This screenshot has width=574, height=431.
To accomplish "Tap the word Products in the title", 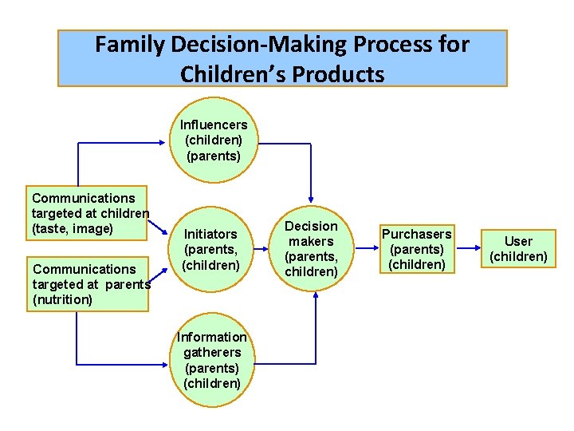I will (x=337, y=74).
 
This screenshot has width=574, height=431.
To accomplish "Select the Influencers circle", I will (x=213, y=140).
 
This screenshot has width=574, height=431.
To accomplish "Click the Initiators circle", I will (x=210, y=249).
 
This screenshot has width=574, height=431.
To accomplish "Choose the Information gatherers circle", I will (x=211, y=360).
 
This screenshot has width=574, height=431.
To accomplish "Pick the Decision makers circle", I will (x=311, y=249).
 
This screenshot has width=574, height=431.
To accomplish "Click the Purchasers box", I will (x=416, y=249).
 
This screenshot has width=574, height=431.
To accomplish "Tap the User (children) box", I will (x=518, y=249).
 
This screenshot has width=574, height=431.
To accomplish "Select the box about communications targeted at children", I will (x=89, y=213).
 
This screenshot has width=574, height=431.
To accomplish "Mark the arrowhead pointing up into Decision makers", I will (x=316, y=295).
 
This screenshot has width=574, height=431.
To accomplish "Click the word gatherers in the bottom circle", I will (x=211, y=352).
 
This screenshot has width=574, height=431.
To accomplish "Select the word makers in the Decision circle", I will (x=311, y=241).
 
